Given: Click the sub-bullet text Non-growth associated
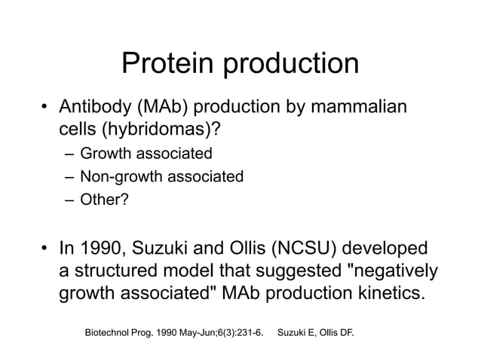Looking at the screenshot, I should point(161,177).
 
